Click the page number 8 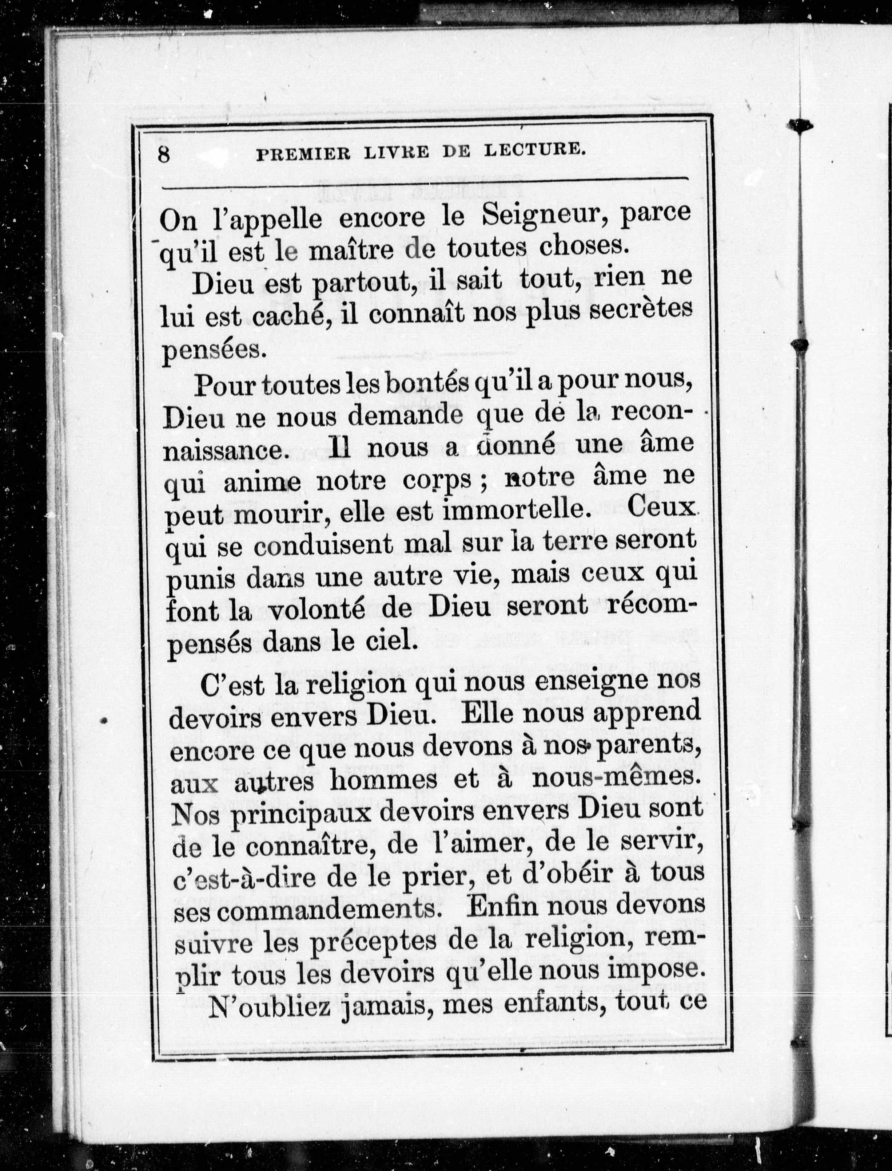[x=164, y=155]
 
